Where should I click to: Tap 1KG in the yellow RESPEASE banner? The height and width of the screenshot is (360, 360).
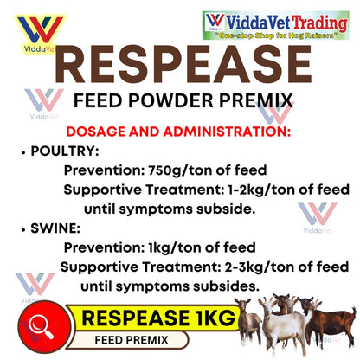coord(209,319)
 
